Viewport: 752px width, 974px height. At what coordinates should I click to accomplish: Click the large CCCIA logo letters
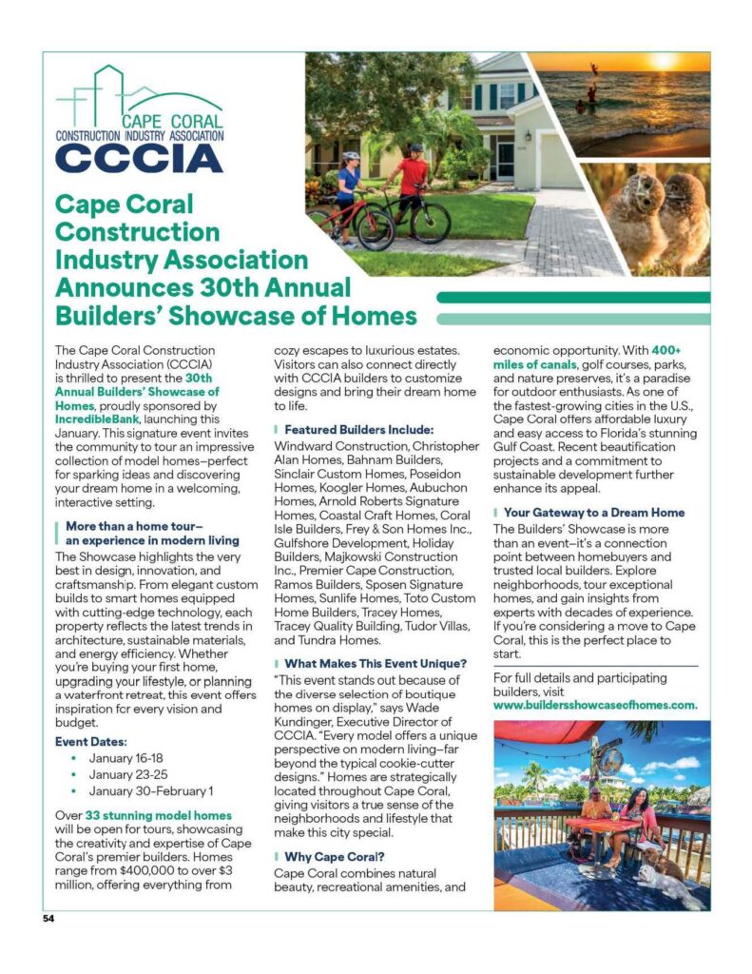139,158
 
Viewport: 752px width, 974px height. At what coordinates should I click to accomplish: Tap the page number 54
49,919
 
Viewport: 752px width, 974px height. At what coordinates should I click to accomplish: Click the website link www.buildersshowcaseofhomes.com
595,705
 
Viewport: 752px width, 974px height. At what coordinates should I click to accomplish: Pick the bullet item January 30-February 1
151,790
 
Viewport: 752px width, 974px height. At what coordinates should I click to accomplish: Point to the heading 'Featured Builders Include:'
358,429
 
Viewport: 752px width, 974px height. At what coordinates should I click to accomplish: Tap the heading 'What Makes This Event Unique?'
375,662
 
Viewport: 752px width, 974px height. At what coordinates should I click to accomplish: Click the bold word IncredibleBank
96,418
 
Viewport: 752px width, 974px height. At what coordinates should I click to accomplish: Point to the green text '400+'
665,350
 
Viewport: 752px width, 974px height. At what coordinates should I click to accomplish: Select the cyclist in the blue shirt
348,189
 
